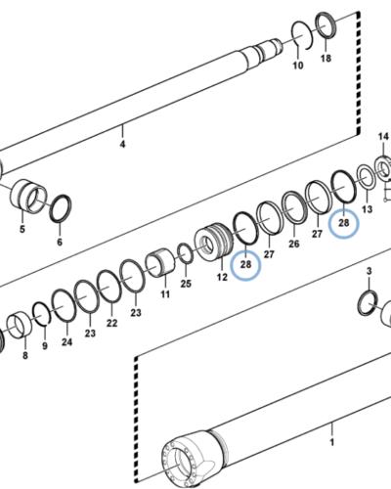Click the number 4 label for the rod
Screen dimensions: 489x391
click(x=122, y=145)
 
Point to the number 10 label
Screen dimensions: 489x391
click(x=298, y=66)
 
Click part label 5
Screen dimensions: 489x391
click(x=22, y=231)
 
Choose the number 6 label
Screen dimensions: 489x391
click(x=59, y=242)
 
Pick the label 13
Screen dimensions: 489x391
click(x=367, y=209)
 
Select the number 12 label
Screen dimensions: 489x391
click(x=222, y=279)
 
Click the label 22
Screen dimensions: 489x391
click(x=112, y=323)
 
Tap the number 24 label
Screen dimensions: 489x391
click(x=66, y=342)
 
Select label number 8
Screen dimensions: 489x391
click(x=24, y=356)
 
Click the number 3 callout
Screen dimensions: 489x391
click(x=369, y=269)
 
